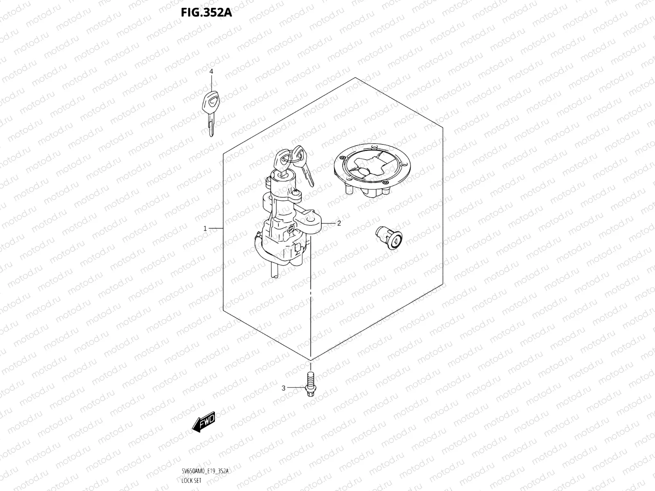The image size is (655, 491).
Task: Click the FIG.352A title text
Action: [206, 13]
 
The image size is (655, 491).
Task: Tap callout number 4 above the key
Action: [211, 72]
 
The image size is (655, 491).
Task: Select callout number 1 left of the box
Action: [206, 228]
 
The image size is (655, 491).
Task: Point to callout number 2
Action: [339, 223]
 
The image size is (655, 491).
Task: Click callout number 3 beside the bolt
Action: [283, 388]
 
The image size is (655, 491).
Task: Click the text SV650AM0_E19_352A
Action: [205, 471]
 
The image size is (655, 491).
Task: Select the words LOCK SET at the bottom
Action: [191, 481]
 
